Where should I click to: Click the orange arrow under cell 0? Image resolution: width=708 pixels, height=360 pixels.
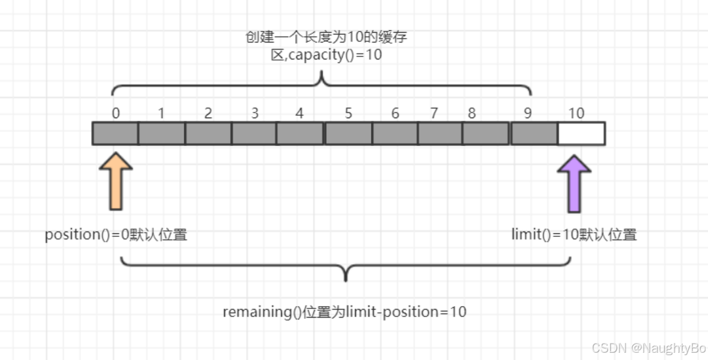pos(115,182)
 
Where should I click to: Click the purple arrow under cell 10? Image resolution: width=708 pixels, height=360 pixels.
pos(573,183)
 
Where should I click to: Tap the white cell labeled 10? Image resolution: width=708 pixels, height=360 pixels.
pos(581,133)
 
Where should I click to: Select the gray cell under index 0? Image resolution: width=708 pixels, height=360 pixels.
pos(115,133)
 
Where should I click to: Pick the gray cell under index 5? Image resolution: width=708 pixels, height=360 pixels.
pos(348,133)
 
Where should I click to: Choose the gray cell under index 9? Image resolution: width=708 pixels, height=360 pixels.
pos(534,133)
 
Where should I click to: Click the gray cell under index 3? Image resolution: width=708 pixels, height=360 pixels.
pos(254,133)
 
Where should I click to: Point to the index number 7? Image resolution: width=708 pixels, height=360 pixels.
pos(434,113)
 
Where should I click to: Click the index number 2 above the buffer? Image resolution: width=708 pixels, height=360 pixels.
pos(208,113)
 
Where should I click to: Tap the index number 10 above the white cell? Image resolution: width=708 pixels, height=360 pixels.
pos(576,113)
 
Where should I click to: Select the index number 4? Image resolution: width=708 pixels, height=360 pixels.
pos(299,113)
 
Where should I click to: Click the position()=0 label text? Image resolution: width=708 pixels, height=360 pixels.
pos(116,235)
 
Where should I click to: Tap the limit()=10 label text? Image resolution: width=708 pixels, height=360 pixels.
pos(574,235)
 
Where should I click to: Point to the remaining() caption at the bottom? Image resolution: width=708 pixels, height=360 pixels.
pos(344,312)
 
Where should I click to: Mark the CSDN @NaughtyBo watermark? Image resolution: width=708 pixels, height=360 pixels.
pos(649,348)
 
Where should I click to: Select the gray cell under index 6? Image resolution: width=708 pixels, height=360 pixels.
pos(395,133)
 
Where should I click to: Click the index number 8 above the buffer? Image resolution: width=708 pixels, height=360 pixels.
pos(472,113)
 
